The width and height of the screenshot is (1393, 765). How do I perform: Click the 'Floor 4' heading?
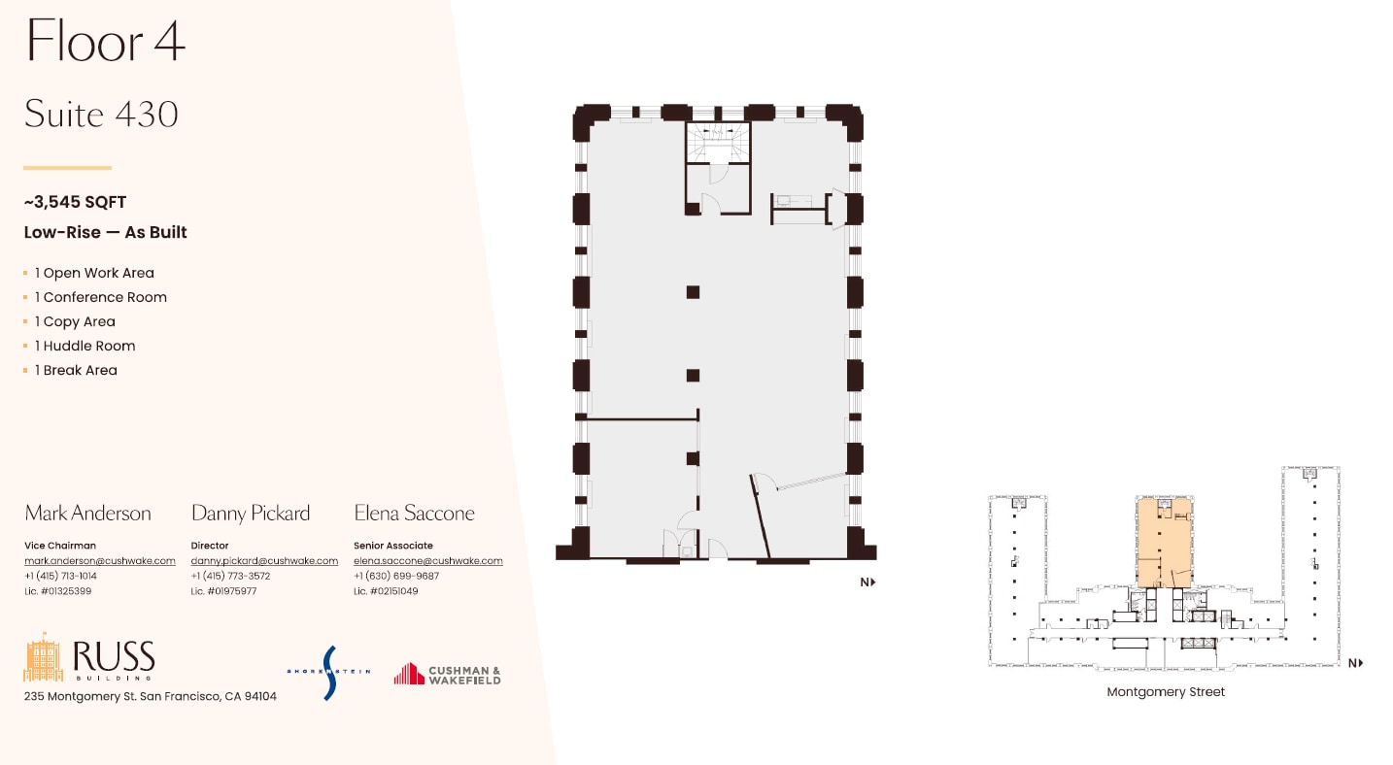coord(105,42)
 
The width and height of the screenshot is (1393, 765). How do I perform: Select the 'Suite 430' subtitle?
coord(101,115)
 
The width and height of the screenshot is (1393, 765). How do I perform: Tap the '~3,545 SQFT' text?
coord(75,202)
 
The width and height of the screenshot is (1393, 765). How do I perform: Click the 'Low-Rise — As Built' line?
coord(105,232)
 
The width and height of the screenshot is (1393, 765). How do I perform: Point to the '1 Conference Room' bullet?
coord(100,297)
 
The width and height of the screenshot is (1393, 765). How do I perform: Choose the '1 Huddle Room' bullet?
coord(85,346)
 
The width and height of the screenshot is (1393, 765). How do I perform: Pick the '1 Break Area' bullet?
coord(76,370)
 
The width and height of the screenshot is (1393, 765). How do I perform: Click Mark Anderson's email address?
coord(99,560)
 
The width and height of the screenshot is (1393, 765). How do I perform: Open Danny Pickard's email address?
coord(264,560)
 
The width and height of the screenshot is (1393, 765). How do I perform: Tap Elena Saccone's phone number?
coord(396,576)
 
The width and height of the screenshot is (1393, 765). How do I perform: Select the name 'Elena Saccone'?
coord(415,513)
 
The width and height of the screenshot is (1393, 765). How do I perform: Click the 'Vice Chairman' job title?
coord(60,546)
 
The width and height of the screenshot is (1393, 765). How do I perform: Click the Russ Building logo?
coord(89,658)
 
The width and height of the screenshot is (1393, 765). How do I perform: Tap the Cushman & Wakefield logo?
coord(447,674)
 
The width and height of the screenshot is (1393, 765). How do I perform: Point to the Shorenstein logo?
coord(328,672)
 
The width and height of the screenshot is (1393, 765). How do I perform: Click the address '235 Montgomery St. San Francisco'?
coord(150,696)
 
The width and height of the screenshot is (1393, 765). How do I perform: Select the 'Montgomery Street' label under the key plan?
coord(1166,692)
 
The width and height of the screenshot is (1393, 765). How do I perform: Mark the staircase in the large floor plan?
coord(718,144)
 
